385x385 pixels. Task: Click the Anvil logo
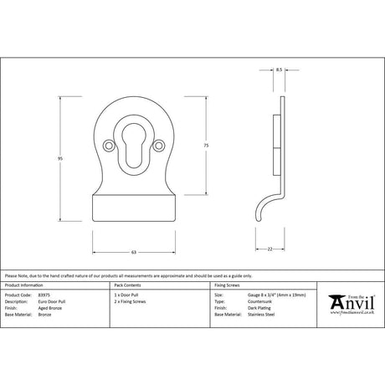[352, 300]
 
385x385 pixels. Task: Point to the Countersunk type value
[252, 301]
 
